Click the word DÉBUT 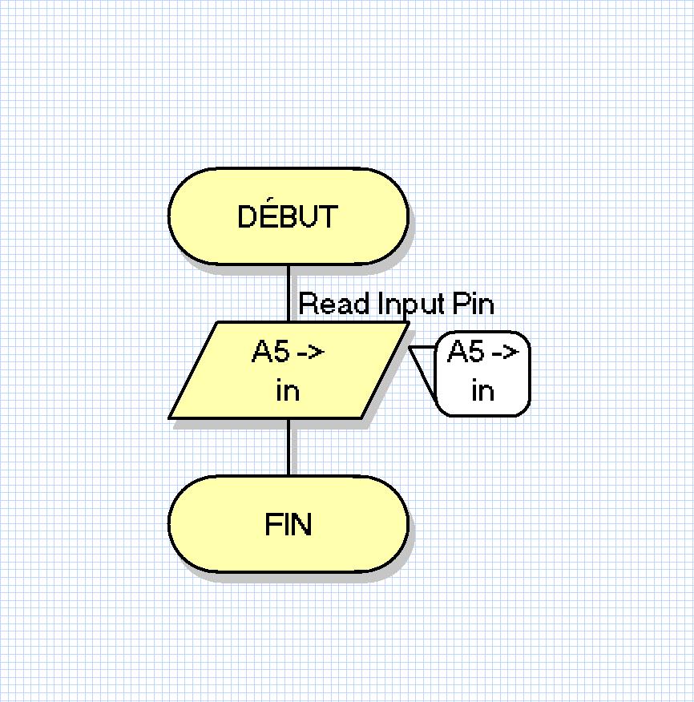[288, 216]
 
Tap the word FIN [288, 525]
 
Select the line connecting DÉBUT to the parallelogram [288, 292]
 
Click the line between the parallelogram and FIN [288, 446]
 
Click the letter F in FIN [272, 525]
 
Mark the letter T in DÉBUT [329, 216]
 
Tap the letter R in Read [308, 304]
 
